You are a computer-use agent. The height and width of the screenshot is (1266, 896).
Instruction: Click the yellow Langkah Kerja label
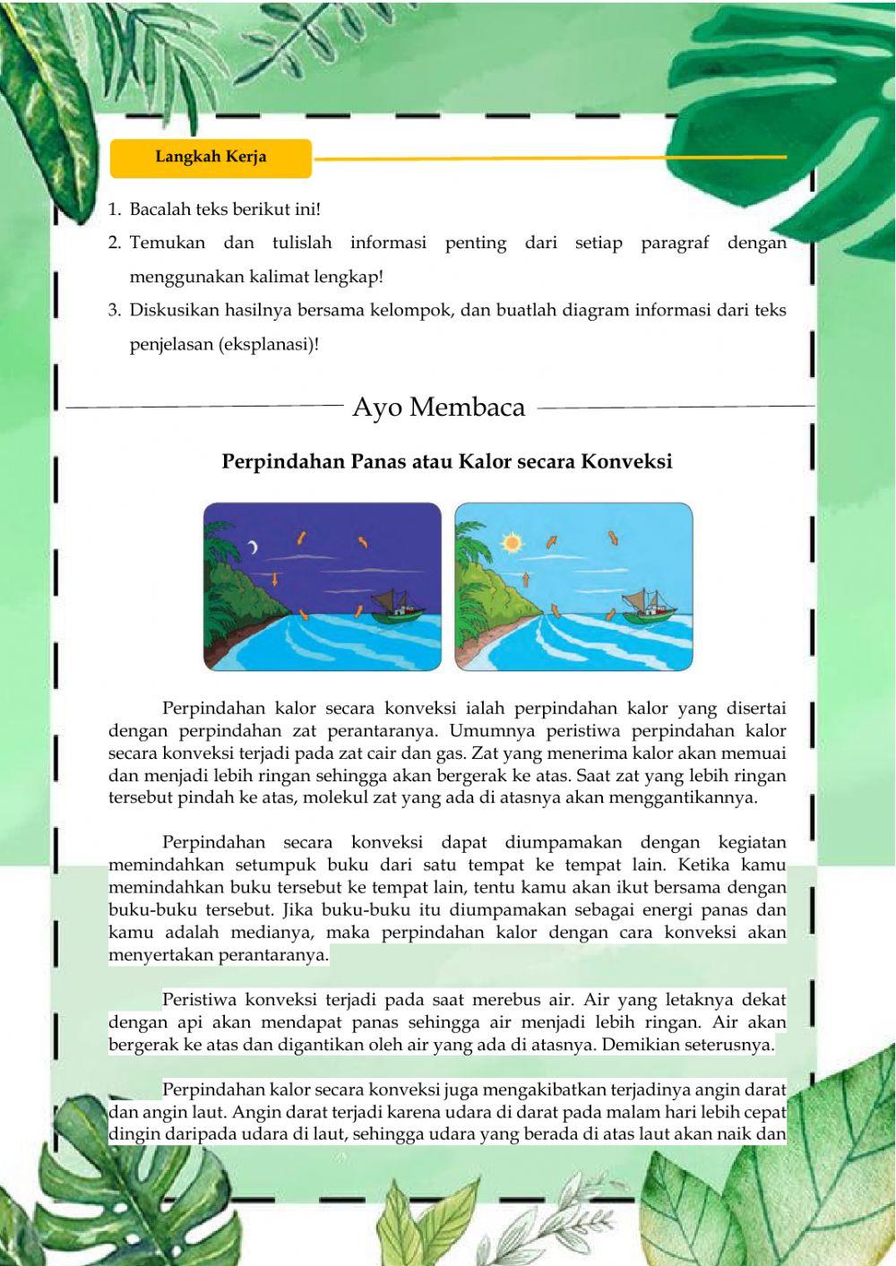pyautogui.click(x=211, y=157)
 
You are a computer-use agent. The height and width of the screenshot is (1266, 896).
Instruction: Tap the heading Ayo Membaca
pyautogui.click(x=438, y=408)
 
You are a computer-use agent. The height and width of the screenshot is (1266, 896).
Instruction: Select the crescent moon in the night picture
pyautogui.click(x=254, y=547)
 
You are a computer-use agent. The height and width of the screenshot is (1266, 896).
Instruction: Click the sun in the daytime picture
pyautogui.click(x=512, y=542)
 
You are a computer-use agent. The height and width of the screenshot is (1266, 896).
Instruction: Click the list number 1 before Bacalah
pyautogui.click(x=114, y=210)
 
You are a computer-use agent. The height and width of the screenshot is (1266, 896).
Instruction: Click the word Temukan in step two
pyautogui.click(x=167, y=243)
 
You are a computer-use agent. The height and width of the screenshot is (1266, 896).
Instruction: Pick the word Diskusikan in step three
pyautogui.click(x=170, y=311)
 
